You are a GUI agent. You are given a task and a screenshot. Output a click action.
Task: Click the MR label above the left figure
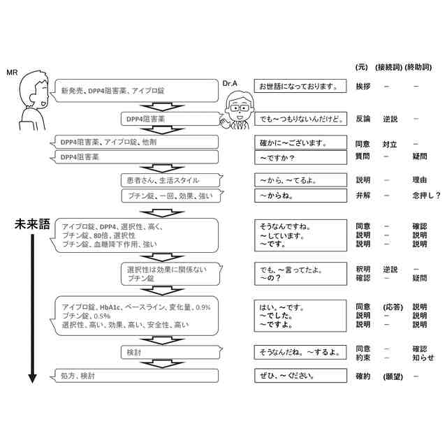pyautogui.click(x=10, y=72)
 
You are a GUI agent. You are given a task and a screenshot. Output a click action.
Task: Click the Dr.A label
pyautogui.click(x=230, y=83)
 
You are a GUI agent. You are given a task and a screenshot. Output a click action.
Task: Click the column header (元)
pyautogui.click(x=361, y=67)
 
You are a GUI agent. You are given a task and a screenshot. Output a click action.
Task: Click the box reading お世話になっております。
pyautogui.click(x=300, y=87)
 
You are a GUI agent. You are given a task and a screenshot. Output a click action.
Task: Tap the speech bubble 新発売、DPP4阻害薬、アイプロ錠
pyautogui.click(x=136, y=90)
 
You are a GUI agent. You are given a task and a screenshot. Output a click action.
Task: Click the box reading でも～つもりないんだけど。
pyautogui.click(x=300, y=119)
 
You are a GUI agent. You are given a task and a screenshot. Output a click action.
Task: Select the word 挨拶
pyautogui.click(x=363, y=87)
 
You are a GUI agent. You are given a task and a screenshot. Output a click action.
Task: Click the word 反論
pyautogui.click(x=363, y=119)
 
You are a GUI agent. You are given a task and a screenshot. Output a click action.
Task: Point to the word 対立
pyautogui.click(x=389, y=145)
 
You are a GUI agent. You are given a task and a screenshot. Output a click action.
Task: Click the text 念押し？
pyautogui.click(x=426, y=196)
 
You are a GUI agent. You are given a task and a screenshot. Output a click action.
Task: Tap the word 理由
pyautogui.click(x=420, y=180)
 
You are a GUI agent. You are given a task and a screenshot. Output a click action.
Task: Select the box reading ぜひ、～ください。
pyautogui.click(x=300, y=376)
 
